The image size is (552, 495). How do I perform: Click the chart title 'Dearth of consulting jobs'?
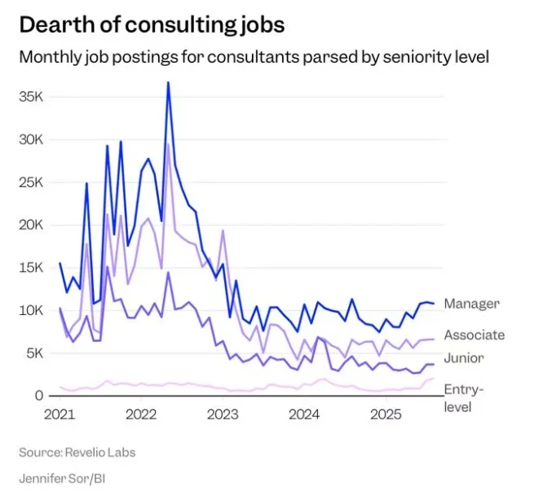click(x=152, y=24)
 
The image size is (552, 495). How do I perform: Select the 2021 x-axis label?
click(x=60, y=414)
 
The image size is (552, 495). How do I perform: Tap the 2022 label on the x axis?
click(x=142, y=414)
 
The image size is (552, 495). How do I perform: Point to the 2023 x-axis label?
click(x=223, y=414)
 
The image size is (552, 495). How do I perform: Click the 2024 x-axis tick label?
click(x=305, y=414)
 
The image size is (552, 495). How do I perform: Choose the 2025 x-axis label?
click(x=387, y=414)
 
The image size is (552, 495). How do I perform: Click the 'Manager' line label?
click(x=471, y=304)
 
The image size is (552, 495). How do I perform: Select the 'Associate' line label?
click(x=474, y=335)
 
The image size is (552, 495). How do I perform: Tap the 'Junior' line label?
click(x=464, y=357)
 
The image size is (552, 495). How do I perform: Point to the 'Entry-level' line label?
click(x=464, y=398)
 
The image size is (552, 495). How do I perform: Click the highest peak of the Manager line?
click(x=168, y=82)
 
